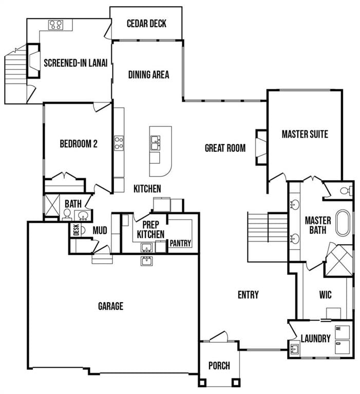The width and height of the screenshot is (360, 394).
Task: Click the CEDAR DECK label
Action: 147,24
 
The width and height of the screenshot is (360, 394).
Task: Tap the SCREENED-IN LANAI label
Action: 75,63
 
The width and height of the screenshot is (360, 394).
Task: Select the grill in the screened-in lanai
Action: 55,24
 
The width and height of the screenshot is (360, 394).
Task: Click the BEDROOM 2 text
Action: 79,144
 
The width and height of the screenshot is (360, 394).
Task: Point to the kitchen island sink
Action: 155,141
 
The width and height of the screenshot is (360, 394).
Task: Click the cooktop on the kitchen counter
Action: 119,142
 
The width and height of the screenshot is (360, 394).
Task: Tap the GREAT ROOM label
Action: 225,148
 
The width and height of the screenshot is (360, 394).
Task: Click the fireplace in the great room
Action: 261,147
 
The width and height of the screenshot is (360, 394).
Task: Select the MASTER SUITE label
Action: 305,134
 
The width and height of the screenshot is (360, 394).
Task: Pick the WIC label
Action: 325,295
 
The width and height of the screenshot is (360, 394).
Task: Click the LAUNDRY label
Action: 315,339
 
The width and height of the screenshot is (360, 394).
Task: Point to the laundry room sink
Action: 295,349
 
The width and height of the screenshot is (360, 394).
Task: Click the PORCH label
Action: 219,366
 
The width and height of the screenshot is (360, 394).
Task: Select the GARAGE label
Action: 110,306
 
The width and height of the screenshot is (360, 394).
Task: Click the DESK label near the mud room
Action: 76,230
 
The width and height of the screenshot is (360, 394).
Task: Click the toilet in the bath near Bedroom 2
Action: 67,214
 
